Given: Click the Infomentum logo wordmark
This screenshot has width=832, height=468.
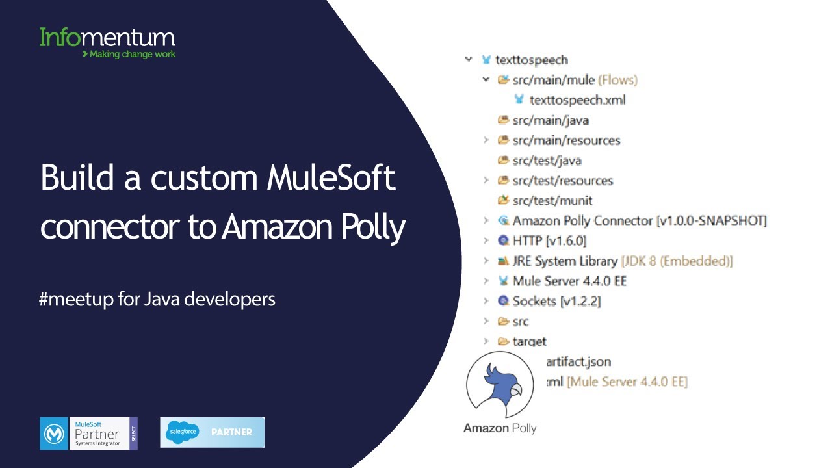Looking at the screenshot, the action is tap(107, 37).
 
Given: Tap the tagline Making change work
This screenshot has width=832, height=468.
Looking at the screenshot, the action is tap(129, 54).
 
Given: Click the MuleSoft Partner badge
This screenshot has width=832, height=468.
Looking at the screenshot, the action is tap(88, 434).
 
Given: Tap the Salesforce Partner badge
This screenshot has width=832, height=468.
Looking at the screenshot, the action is tap(212, 432).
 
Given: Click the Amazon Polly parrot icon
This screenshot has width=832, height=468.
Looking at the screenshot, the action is tap(500, 385).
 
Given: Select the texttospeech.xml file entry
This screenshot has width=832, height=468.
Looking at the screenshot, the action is tap(577, 100).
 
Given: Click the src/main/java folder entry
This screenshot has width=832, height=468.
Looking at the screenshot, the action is tap(550, 120).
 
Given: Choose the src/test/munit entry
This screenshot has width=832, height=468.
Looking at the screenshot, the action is tap(552, 201).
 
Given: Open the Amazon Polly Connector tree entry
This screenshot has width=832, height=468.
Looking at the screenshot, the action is tap(639, 221).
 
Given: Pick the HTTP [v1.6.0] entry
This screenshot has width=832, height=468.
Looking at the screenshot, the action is tap(549, 241).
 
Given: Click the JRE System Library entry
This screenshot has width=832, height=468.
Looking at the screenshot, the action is tap(564, 261).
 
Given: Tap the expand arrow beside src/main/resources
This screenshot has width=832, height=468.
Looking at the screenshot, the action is tap(486, 140).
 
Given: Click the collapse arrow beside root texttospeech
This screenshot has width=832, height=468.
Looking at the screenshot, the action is tap(468, 60).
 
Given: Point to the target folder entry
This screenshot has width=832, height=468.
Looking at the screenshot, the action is tap(529, 342).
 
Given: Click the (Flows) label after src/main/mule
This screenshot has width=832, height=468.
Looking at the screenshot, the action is tap(617, 80).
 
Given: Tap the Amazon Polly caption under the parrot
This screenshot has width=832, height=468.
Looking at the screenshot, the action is tap(500, 428).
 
